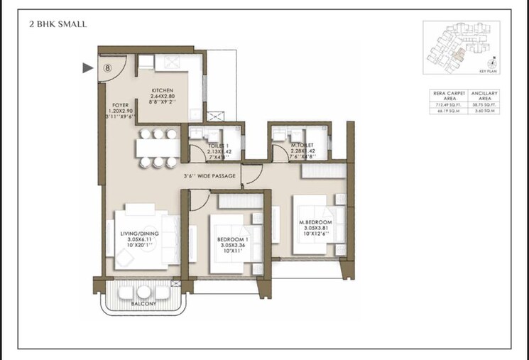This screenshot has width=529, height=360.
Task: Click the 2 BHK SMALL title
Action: click(x=58, y=24)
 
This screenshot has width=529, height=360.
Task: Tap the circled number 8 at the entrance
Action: click(x=107, y=68)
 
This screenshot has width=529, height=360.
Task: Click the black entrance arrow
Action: click(x=88, y=68)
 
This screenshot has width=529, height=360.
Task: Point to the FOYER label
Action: click(x=120, y=106)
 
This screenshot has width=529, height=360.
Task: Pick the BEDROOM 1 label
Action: click(x=234, y=240)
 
